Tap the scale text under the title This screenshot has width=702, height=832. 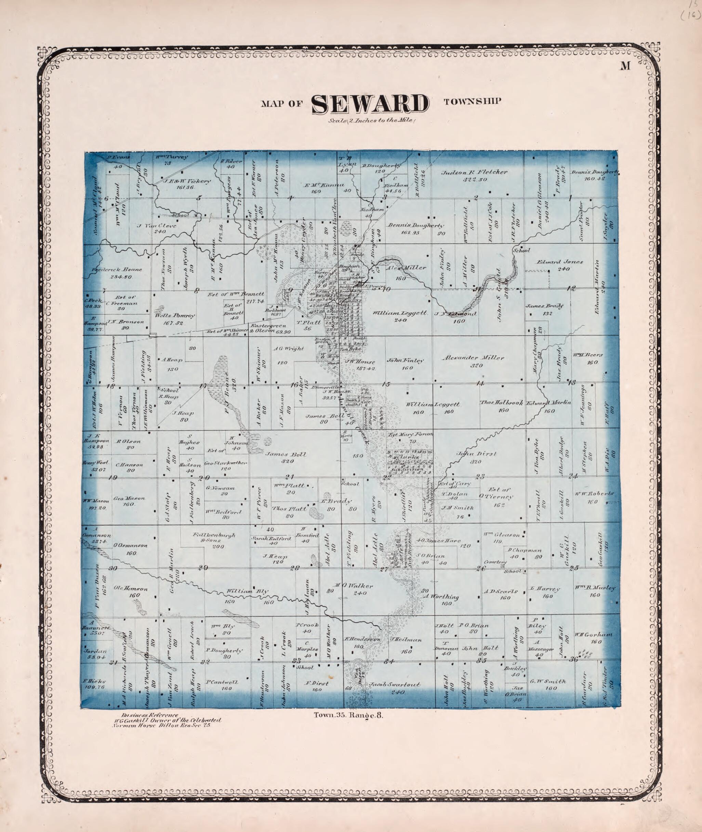pos(372,121)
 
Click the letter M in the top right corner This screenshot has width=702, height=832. pos(626,66)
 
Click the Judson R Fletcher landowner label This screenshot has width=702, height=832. pos(475,173)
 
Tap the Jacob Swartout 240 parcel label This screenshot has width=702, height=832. pos(395,685)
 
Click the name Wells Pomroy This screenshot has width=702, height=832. pos(175,316)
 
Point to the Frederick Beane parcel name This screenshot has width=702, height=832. pos(117,270)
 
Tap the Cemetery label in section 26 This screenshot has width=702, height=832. pos(495,562)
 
